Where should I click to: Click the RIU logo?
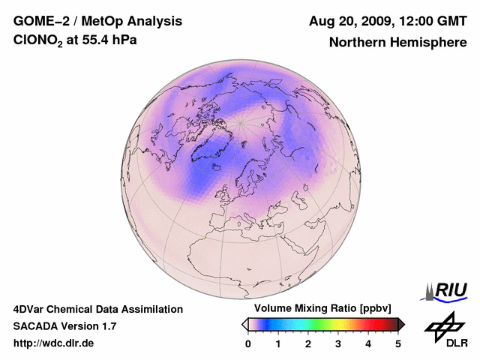tap(446, 290)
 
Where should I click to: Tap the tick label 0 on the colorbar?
tap(248, 343)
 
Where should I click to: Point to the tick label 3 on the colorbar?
tap(338, 343)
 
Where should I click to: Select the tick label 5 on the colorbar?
tap(398, 343)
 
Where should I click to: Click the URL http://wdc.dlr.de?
tap(54, 343)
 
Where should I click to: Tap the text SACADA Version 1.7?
tap(64, 326)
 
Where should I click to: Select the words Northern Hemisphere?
tap(397, 42)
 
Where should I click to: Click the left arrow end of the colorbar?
tap(244, 324)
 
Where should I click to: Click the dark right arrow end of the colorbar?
tap(401, 324)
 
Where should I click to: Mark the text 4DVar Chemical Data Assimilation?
tap(97, 309)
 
